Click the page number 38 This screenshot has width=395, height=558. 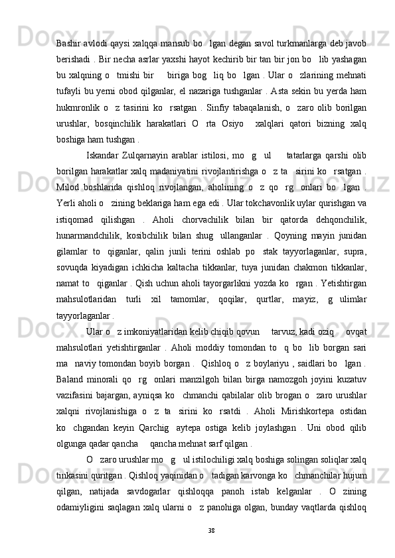(212, 549)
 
